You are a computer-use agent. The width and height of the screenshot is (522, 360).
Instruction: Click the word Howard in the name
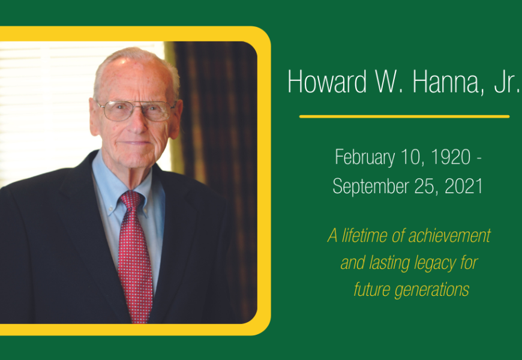pos(327,81)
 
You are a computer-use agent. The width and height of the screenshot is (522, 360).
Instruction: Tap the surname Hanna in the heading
pos(448,82)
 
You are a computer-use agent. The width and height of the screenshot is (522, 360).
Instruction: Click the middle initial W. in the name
pos(390,82)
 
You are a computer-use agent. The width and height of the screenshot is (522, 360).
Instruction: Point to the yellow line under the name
pos(404,116)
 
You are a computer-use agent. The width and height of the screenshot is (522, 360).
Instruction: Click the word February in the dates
pos(365,158)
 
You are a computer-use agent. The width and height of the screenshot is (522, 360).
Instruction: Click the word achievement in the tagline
pos(449,235)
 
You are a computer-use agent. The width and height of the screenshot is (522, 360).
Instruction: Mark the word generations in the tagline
pos(432,290)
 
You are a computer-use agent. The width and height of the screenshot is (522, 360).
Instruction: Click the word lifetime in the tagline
pos(364,235)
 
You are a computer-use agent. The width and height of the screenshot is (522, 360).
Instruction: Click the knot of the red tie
pos(131,200)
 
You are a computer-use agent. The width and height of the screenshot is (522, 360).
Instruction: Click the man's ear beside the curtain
pos(176,119)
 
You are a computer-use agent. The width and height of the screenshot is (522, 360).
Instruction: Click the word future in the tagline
pos(371,289)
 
